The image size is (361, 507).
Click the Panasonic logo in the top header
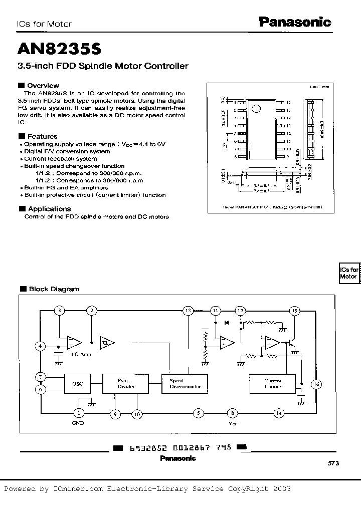tap(295, 22)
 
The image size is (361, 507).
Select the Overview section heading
tap(43, 86)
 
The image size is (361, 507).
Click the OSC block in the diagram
tap(77, 384)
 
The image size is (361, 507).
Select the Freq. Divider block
tap(119, 384)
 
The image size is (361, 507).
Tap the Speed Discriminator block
tap(185, 384)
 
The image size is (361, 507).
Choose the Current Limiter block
tap(273, 384)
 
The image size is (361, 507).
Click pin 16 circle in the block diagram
tap(316, 384)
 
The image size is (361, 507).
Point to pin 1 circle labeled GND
tap(79, 413)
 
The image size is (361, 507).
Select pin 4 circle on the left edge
tap(40, 346)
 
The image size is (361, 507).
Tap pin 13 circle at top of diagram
tap(188, 311)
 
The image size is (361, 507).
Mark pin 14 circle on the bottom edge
tap(278, 413)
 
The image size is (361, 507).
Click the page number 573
tap(333, 464)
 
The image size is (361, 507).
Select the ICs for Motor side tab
tap(348, 273)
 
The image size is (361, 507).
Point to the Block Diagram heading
tap(54, 289)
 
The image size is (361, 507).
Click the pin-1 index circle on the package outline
tap(256, 108)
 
